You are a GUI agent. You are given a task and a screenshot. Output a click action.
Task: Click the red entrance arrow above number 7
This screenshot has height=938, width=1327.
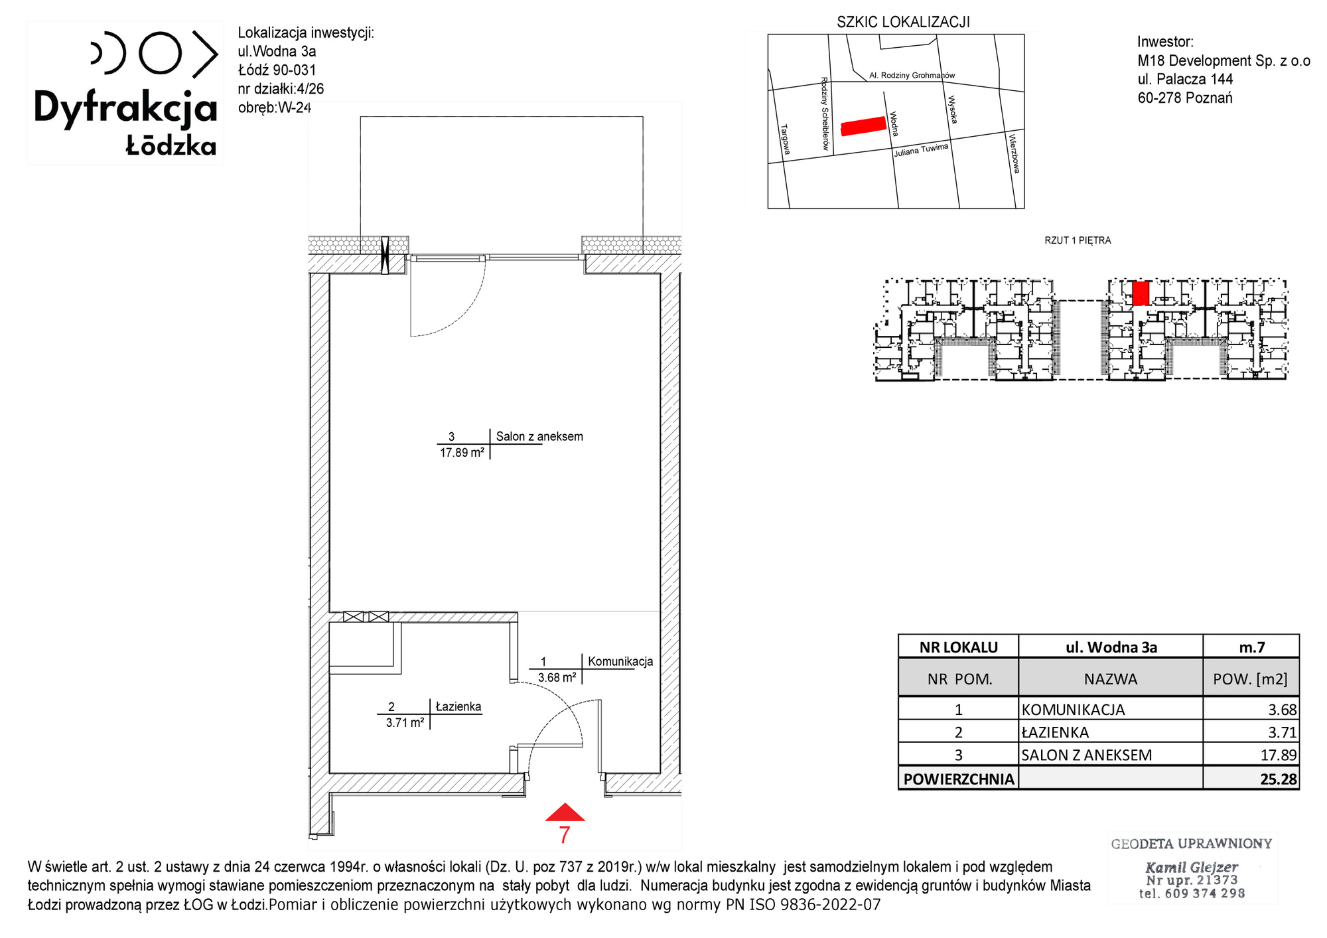[565, 813]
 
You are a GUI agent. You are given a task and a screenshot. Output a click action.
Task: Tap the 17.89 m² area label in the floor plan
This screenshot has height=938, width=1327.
[462, 453]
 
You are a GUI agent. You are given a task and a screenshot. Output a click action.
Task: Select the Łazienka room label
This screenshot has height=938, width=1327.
[458, 707]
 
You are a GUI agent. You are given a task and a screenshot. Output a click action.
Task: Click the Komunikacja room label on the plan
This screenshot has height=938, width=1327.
[620, 662]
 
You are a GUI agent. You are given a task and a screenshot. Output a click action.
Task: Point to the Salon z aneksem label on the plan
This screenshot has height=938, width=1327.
[539, 437]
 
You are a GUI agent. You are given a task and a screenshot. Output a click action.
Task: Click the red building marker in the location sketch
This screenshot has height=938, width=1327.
[863, 126]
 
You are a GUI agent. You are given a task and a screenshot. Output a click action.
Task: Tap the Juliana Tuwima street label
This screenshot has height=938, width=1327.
[921, 150]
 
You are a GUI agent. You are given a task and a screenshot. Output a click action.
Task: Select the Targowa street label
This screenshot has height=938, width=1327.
[786, 139]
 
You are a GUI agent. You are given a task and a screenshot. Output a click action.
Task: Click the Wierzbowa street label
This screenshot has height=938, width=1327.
[1014, 154]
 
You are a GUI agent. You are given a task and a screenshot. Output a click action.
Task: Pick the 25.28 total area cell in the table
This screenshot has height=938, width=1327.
[1278, 779]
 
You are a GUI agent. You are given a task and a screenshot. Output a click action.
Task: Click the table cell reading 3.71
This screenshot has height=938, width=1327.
[1283, 732]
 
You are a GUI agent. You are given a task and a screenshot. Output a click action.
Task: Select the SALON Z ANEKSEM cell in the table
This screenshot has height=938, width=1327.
[1086, 755]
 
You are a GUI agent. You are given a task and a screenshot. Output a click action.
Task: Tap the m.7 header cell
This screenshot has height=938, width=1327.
[1252, 647]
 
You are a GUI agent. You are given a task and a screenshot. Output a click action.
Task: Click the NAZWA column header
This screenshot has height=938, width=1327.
[1111, 679]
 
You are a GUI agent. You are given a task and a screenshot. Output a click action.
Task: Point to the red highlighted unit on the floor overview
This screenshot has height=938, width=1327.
[1141, 293]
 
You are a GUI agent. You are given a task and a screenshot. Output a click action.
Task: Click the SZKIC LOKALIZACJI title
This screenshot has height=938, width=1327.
[903, 22]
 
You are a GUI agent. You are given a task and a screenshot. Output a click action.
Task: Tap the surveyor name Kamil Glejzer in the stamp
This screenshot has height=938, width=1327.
[1192, 867]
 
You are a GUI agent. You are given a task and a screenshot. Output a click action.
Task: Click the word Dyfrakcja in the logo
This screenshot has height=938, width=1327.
[125, 108]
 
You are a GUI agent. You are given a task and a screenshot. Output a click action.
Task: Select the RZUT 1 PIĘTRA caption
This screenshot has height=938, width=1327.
[1078, 240]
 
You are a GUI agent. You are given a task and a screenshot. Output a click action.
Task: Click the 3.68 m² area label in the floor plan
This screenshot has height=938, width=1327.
[557, 678]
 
